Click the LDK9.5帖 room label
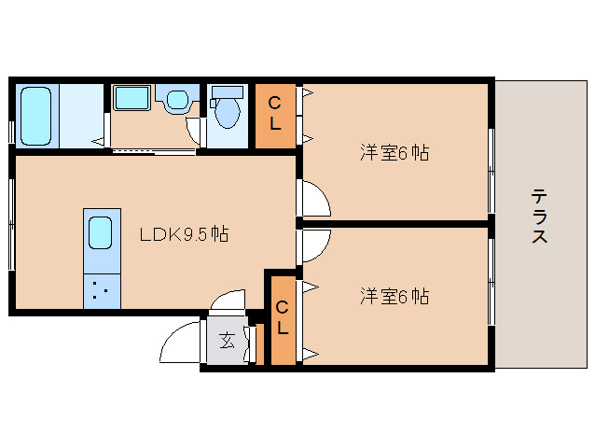184,234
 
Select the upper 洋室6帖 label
394,153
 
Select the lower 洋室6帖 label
394,297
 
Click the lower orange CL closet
282,318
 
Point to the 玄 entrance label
227,342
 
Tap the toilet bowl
227,112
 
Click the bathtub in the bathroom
35,116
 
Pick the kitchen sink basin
100,232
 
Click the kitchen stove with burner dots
100,290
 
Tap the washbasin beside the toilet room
175,100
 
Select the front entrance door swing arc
181,345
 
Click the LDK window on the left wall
12,224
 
